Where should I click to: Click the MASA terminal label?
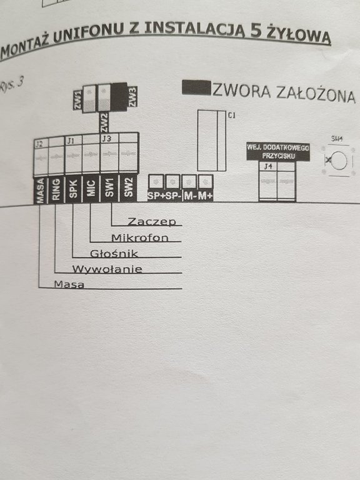click(41, 190)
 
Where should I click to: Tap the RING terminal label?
click(56, 190)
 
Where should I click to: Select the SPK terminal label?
click(73, 189)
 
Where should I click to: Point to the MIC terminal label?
click(91, 188)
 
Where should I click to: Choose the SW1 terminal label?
click(109, 187)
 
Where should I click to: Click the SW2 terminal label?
click(128, 187)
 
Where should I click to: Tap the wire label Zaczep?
click(152, 221)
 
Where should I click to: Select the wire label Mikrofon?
click(140, 237)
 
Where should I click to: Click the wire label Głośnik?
click(114, 254)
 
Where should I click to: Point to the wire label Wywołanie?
click(107, 269)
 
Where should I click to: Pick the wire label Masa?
click(69, 284)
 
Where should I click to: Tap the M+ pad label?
click(205, 196)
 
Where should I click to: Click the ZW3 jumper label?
click(132, 97)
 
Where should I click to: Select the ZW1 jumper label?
click(77, 100)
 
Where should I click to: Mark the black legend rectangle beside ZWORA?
click(196, 87)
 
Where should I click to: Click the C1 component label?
click(232, 116)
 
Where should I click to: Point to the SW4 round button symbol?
click(339, 161)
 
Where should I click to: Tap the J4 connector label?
click(268, 166)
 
